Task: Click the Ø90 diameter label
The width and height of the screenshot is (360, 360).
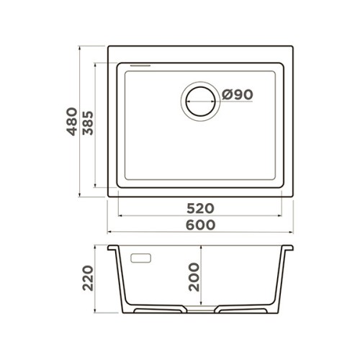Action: pos(238,94)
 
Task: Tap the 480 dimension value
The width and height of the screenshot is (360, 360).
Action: pos(72,122)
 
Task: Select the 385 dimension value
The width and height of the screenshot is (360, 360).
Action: pos(88,123)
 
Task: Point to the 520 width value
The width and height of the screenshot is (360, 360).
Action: pos(200,208)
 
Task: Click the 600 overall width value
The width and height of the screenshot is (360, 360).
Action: pos(201,225)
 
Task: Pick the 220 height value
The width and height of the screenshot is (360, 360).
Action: pos(88,278)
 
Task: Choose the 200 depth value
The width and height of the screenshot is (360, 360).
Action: pos(194,277)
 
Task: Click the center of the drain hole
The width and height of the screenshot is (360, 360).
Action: pos(200,102)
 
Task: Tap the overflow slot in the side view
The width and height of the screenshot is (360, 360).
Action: pos(140,258)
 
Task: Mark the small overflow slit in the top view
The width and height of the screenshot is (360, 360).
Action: pos(140,66)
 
